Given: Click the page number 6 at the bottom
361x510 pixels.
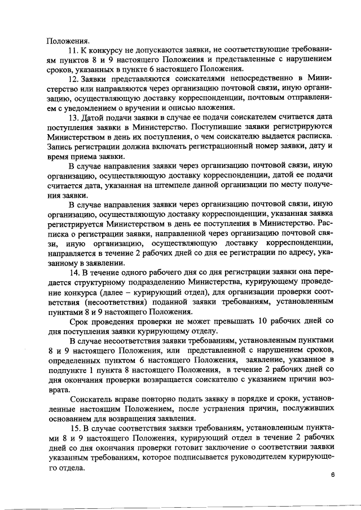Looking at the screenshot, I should (x=333, y=474).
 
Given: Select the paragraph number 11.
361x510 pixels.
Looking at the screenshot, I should (x=72, y=51).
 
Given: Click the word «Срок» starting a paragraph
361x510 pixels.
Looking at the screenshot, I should (x=78, y=321).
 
